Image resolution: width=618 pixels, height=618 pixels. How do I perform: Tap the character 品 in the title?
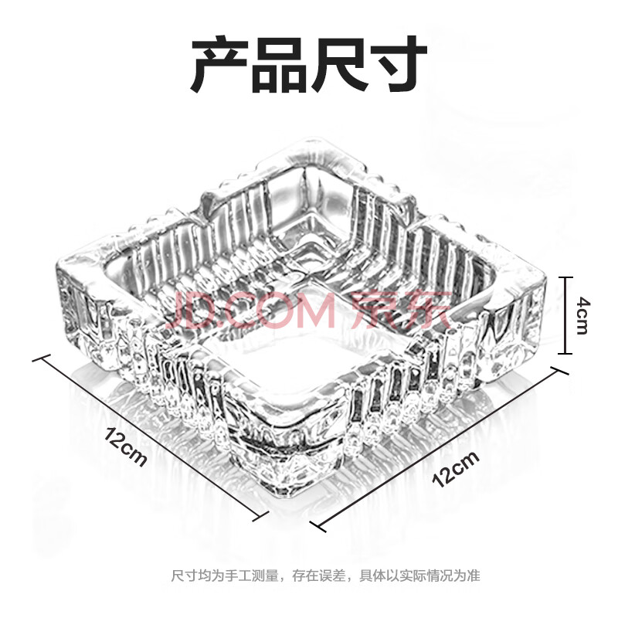coord(280,63)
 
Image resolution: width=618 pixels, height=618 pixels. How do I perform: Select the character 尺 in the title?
coord(339,63)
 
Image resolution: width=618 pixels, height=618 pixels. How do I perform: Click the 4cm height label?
coord(580,315)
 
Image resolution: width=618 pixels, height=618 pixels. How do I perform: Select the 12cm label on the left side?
coord(126,446)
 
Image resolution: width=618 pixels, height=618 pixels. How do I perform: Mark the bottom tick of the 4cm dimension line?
coord(567,353)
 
